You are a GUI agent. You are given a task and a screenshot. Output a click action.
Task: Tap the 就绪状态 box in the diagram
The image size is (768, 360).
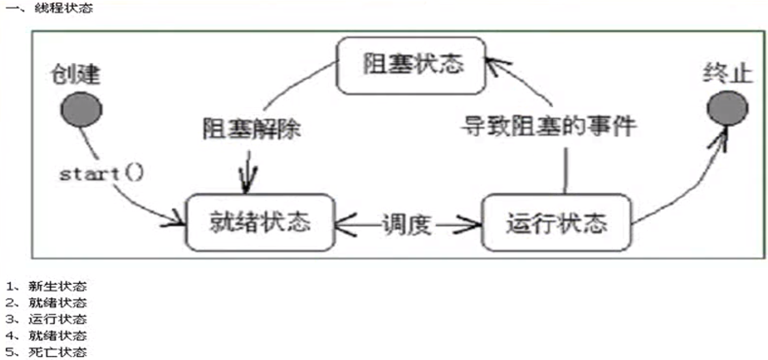tap(259, 223)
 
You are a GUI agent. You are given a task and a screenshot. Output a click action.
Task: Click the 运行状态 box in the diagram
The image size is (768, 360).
tap(556, 223)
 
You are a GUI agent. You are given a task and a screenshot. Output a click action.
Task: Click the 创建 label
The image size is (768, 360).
tap(76, 75)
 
